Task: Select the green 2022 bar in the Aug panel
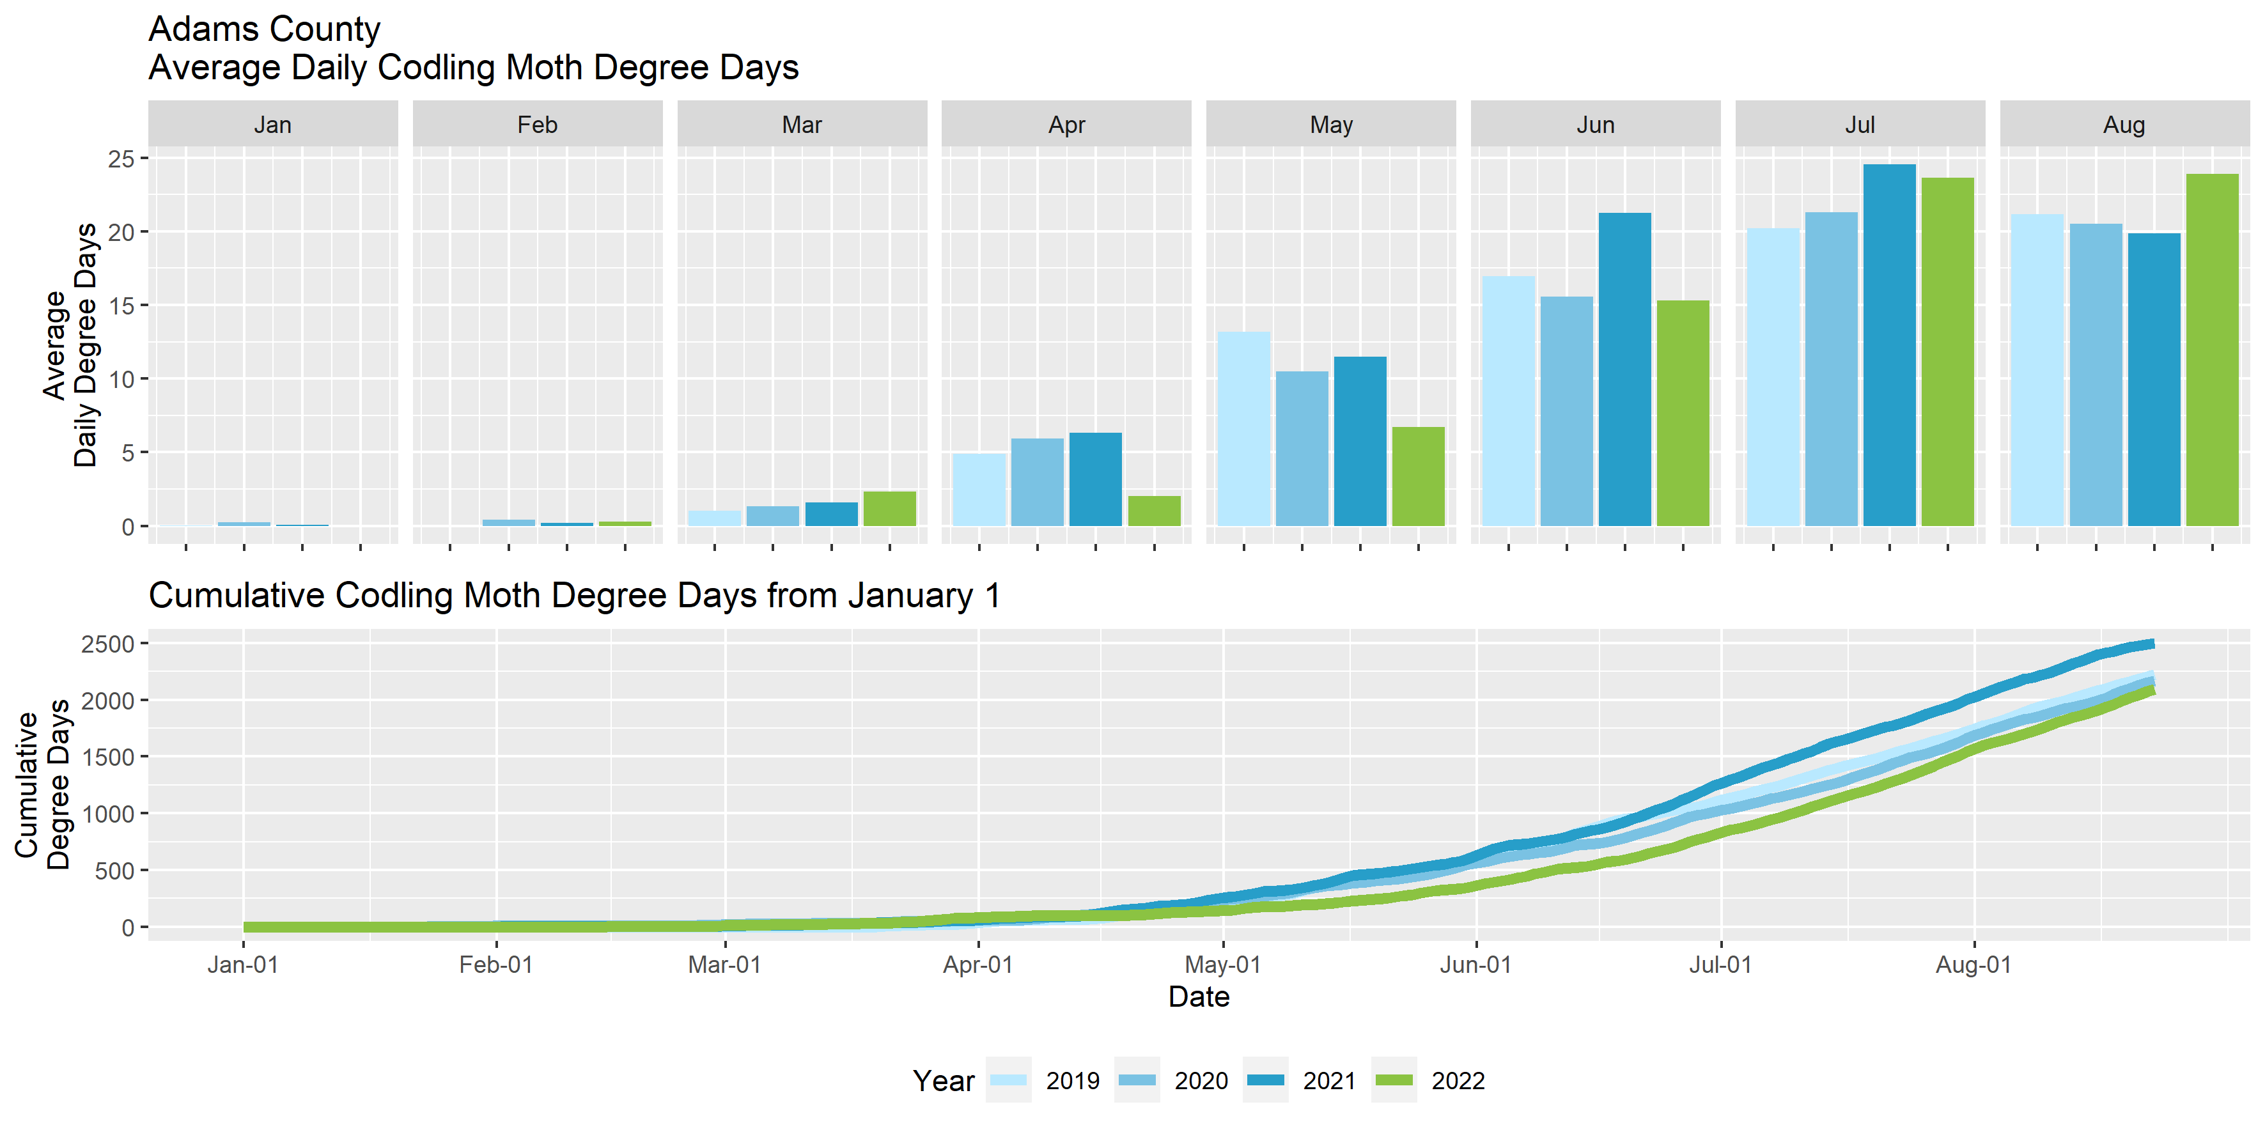(x=2211, y=350)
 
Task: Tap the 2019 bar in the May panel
(x=1243, y=429)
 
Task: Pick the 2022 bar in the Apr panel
(x=1154, y=511)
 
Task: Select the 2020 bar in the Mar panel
(x=772, y=516)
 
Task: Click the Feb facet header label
(x=537, y=125)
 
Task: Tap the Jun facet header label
(x=1595, y=125)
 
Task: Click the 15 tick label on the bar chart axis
(x=121, y=306)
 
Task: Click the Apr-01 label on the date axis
(x=977, y=965)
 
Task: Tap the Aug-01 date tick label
(x=1973, y=965)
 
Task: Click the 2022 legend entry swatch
(x=1394, y=1080)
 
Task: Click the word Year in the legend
(x=944, y=1080)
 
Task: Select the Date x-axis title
(x=1199, y=996)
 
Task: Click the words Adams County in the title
(x=264, y=29)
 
